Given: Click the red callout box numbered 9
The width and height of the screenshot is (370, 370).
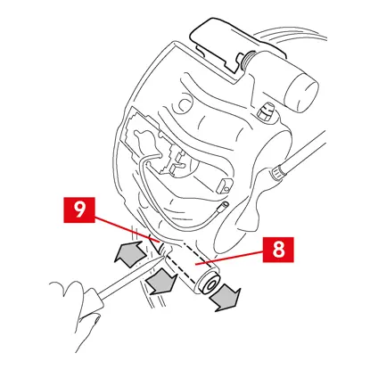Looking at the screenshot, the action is [79, 210].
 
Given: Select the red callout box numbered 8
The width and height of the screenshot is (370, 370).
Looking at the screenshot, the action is [278, 250].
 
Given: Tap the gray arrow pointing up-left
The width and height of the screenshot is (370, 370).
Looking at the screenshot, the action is [130, 252].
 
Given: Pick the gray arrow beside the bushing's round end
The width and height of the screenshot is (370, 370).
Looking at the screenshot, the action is [225, 297].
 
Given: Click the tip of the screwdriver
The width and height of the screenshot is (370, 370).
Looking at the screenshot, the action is [164, 257].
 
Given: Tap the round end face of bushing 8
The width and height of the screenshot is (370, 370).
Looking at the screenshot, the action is [210, 284].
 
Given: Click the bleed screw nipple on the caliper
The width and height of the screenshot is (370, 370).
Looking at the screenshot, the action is [265, 111].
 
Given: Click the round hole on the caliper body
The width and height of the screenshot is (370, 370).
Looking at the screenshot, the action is [185, 103].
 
